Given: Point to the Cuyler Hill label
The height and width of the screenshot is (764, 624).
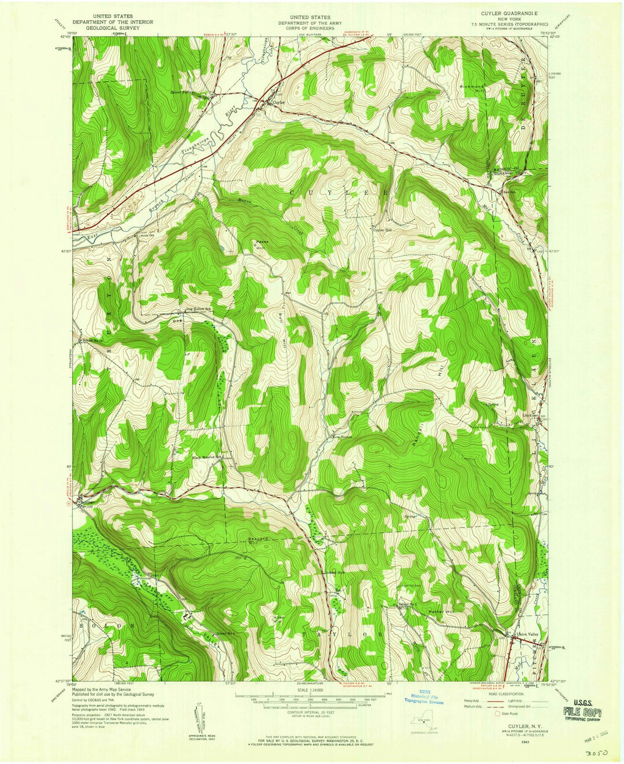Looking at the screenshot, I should [381, 230].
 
